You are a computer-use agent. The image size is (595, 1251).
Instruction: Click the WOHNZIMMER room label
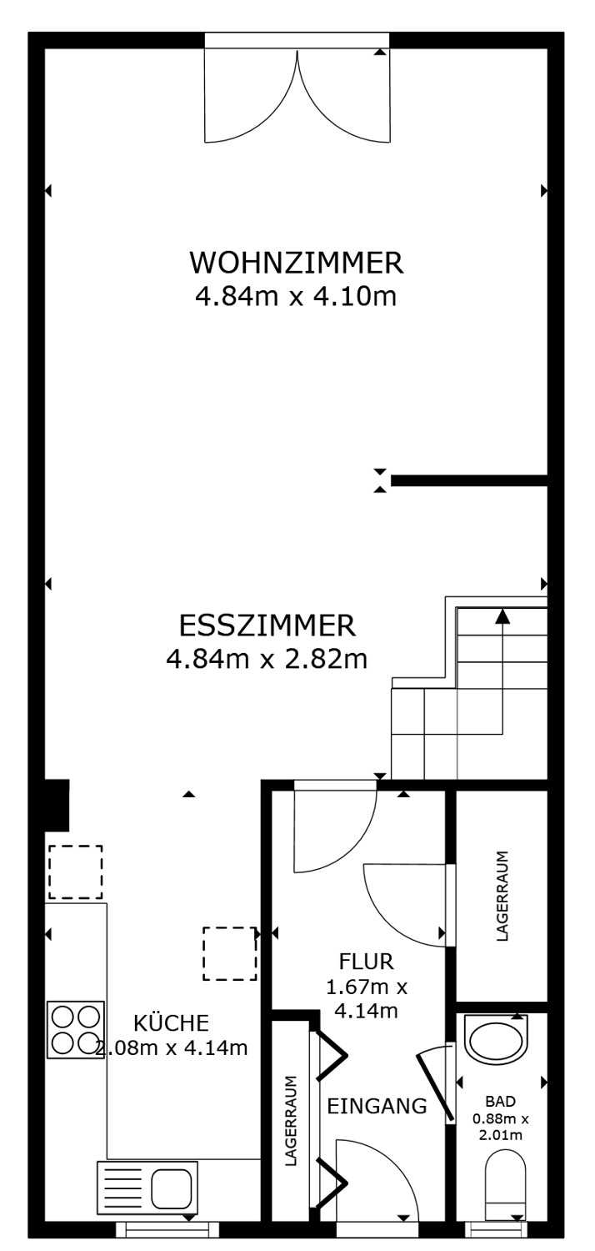[x=297, y=263]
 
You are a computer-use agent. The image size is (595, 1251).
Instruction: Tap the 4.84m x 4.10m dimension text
[x=295, y=297]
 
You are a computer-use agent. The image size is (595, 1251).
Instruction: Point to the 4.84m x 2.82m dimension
[x=267, y=660]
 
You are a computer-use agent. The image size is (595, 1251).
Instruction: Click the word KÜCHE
[x=172, y=1022]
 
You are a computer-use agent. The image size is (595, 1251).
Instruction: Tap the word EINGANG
[x=377, y=1107]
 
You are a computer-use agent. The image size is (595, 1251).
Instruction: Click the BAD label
[x=495, y=1101]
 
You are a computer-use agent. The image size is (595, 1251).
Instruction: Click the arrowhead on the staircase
[x=502, y=617]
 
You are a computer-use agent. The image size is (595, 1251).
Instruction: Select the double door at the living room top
[x=297, y=92]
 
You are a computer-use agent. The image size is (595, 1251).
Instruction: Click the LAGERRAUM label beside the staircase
[x=502, y=897]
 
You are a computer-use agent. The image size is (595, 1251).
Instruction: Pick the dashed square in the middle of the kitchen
[x=230, y=953]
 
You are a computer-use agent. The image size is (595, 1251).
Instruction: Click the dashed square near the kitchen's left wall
[x=75, y=872]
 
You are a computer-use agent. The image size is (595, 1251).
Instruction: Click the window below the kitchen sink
[x=167, y=1228]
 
